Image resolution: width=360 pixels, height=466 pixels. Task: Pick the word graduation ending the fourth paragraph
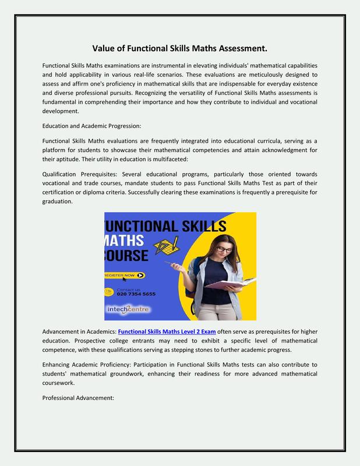coord(58,202)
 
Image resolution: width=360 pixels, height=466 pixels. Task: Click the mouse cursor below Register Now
coord(123,280)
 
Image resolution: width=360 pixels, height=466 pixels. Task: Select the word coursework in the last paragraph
coord(61,383)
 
